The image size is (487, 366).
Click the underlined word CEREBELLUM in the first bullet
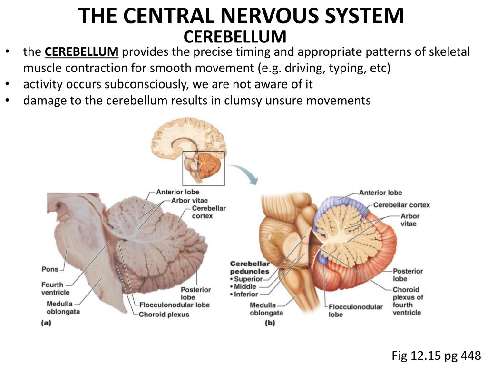pyautogui.click(x=82, y=52)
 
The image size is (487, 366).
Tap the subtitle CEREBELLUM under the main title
pyautogui.click(x=235, y=36)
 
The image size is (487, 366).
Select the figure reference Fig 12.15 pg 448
pyautogui.click(x=436, y=355)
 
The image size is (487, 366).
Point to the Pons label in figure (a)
pyautogui.click(x=50, y=269)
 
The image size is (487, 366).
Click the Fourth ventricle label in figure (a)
pyautogui.click(x=55, y=288)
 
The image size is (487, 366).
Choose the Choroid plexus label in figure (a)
pyautogui.click(x=164, y=315)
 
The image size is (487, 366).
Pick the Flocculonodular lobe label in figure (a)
pyautogui.click(x=174, y=305)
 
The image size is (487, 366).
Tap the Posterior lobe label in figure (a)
pyautogui.click(x=195, y=293)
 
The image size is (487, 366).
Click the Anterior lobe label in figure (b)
pyautogui.click(x=380, y=193)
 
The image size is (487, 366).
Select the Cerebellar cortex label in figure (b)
pyautogui.click(x=401, y=205)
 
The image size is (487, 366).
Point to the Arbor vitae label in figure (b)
pyautogui.click(x=410, y=220)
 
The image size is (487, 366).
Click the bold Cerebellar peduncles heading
pyautogui.click(x=249, y=267)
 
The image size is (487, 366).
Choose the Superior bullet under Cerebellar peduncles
pyautogui.click(x=247, y=279)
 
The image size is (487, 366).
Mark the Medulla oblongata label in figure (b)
pyautogui.click(x=266, y=309)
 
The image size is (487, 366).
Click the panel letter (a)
pyautogui.click(x=46, y=323)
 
